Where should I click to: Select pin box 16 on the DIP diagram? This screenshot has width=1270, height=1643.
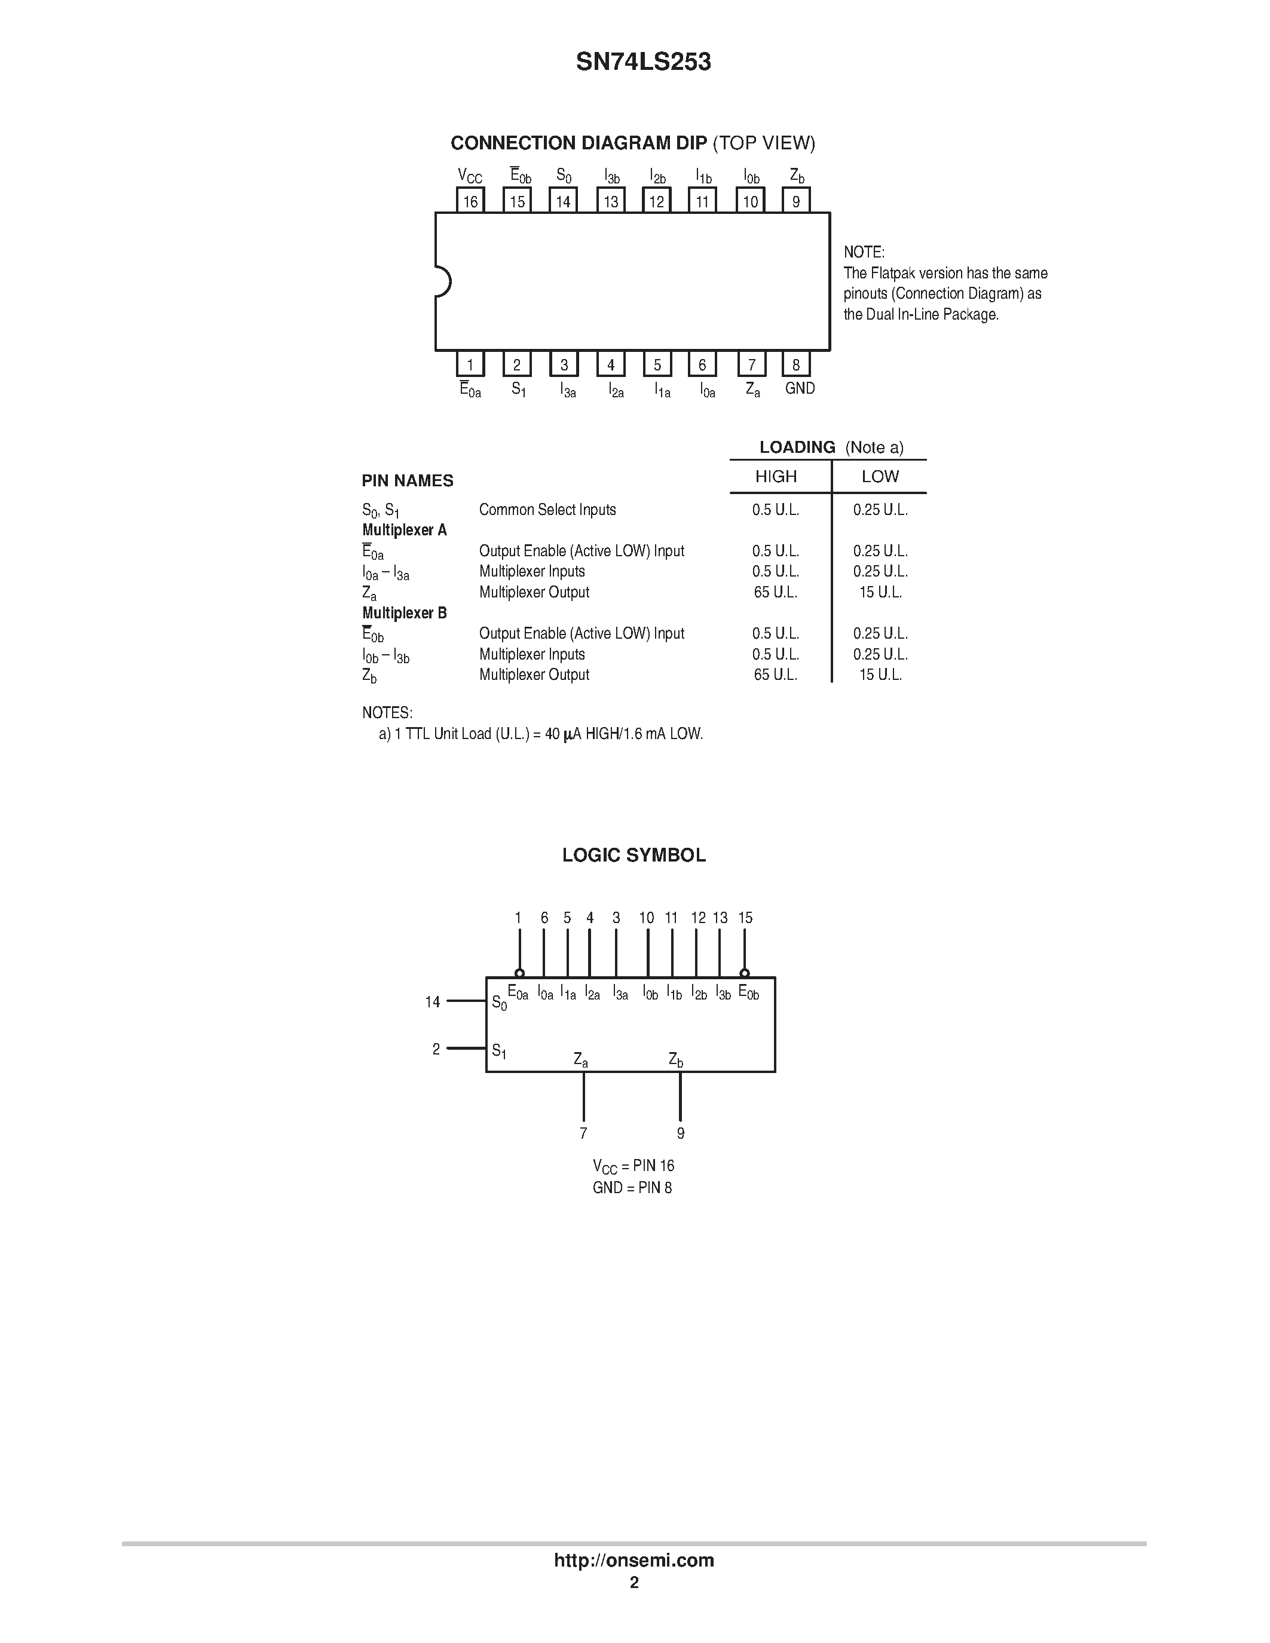coord(470,201)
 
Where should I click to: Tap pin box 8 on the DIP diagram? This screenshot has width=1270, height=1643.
coord(796,364)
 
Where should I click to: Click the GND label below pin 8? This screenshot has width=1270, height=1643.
coord(800,388)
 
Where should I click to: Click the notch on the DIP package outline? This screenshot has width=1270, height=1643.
coord(442,282)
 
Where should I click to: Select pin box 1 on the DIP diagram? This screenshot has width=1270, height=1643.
coord(470,364)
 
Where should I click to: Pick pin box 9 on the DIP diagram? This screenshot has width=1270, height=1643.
coord(796,201)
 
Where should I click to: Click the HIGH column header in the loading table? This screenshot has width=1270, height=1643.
coord(776,476)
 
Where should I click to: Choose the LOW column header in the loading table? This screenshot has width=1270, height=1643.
coord(880,476)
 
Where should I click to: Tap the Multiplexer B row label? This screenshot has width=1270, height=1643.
coord(405,613)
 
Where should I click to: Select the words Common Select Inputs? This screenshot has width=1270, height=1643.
coord(547,509)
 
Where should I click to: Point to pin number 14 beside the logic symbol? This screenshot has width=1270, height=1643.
coord(433,1002)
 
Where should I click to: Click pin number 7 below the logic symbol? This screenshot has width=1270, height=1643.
coord(583,1133)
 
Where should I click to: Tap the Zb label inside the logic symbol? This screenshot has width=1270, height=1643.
coord(675,1060)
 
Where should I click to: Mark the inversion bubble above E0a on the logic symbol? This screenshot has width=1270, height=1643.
coord(519,973)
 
